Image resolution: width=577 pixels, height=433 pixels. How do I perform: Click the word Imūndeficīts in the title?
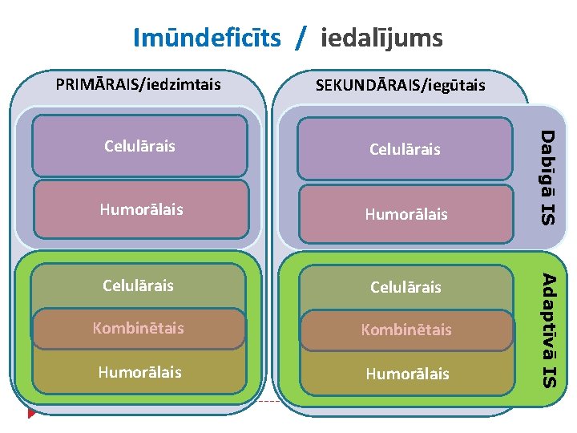click(207, 37)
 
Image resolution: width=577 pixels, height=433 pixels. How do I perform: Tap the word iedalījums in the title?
click(381, 37)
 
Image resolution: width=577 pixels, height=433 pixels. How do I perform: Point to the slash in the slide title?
click(300, 38)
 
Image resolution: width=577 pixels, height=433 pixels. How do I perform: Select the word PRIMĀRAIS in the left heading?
click(95, 83)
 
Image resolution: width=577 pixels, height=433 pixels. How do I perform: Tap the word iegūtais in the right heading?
click(456, 84)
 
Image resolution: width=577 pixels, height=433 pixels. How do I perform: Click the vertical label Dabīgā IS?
click(547, 176)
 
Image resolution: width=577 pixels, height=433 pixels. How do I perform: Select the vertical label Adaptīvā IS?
click(548, 330)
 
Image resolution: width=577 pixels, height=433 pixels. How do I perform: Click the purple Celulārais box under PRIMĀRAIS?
click(139, 146)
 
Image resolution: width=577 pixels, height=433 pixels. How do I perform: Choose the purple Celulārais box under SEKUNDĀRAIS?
click(405, 148)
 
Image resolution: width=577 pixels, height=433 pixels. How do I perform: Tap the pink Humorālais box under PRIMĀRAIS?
click(140, 209)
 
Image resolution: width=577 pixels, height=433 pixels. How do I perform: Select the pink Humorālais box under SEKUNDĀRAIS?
click(406, 214)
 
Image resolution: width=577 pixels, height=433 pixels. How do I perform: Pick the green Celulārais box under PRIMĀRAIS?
click(139, 285)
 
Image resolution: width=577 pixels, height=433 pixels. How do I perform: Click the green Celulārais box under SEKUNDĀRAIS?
click(405, 286)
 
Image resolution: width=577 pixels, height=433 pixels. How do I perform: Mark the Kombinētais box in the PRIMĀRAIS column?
click(139, 328)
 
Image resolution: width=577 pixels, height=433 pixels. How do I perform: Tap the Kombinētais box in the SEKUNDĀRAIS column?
click(406, 330)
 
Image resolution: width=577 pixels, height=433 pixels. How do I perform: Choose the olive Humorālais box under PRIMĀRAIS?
click(139, 372)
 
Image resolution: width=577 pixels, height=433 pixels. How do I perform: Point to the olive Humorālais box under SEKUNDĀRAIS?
click(406, 374)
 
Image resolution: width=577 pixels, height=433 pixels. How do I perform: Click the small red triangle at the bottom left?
click(31, 413)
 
